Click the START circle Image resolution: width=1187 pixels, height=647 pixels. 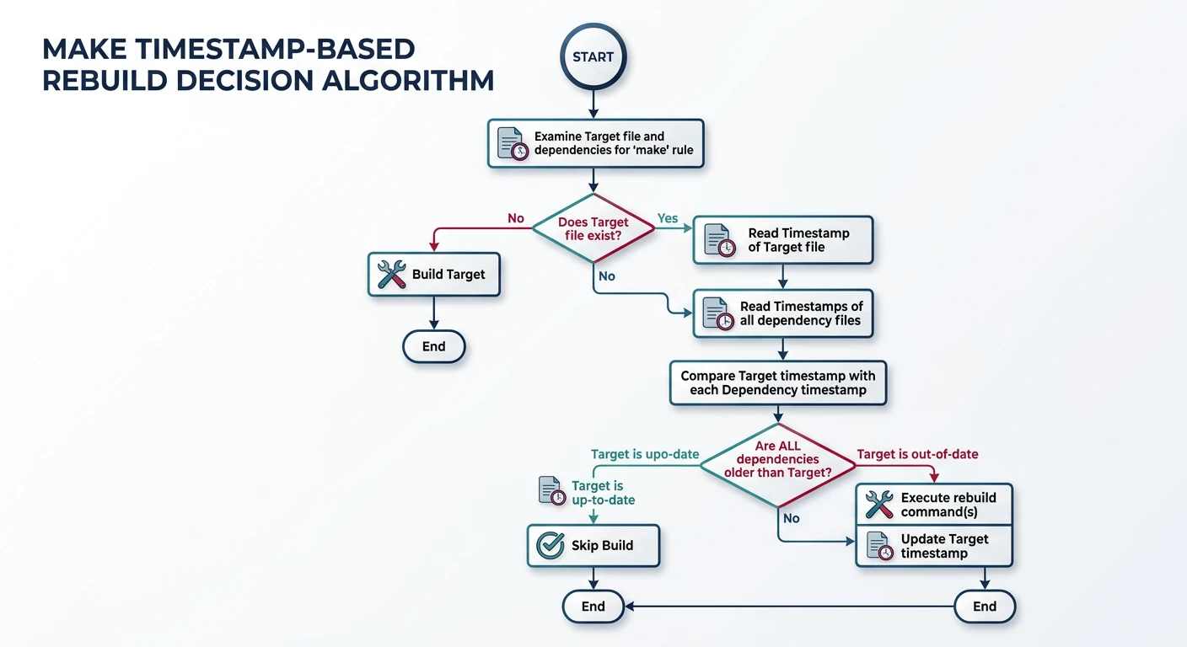[593, 57]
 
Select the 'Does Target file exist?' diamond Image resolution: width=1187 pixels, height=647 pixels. [593, 227]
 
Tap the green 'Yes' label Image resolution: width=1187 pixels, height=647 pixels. [667, 218]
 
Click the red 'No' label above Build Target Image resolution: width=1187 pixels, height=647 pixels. [515, 218]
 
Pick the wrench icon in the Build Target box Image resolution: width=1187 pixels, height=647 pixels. [391, 275]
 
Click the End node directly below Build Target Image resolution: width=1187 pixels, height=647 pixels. [433, 346]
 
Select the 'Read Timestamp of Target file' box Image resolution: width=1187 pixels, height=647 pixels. [782, 240]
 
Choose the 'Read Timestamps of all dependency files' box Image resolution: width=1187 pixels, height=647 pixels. [782, 313]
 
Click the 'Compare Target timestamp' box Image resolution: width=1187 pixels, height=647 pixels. [778, 383]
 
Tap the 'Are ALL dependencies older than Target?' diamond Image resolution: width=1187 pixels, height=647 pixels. [777, 460]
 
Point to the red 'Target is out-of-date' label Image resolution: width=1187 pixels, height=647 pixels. [917, 454]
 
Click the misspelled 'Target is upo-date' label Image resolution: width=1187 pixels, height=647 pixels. [645, 454]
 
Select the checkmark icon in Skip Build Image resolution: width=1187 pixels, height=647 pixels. [551, 545]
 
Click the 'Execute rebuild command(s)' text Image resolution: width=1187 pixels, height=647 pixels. [948, 505]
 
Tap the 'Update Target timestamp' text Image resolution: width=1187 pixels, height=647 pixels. [944, 546]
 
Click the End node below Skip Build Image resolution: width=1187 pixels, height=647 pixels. [593, 606]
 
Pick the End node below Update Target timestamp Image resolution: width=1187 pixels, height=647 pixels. [984, 606]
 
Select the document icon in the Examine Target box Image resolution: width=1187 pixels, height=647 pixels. [511, 143]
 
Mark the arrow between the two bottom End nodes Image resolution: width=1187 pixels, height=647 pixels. [788, 606]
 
